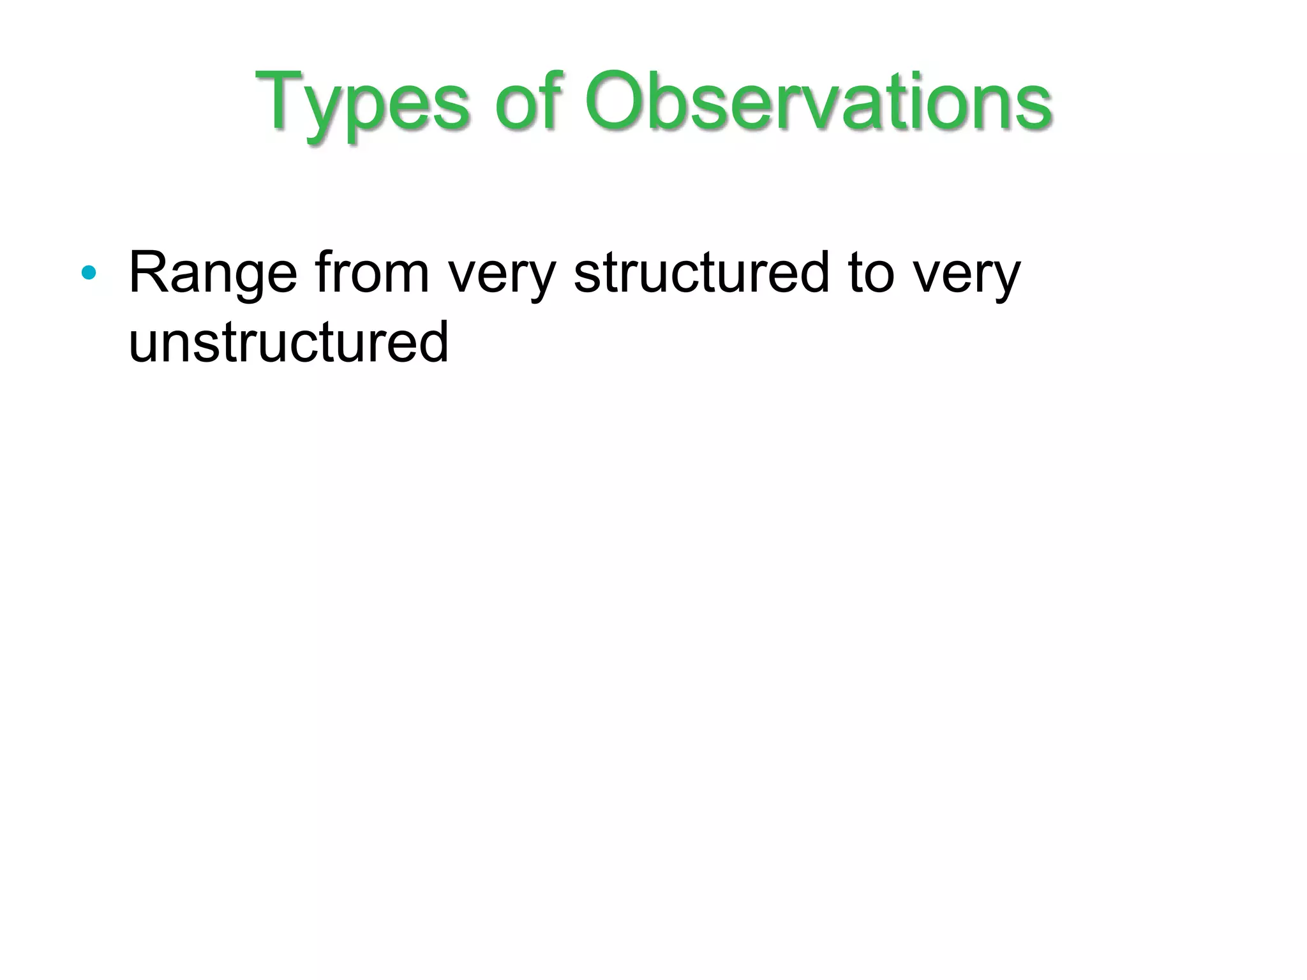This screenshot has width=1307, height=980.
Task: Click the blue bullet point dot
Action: pyautogui.click(x=89, y=274)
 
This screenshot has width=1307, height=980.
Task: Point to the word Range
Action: pyautogui.click(x=213, y=274)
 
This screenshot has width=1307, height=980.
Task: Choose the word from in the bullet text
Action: pyautogui.click(x=372, y=272)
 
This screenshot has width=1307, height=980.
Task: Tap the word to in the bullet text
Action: pyautogui.click(x=872, y=274)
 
